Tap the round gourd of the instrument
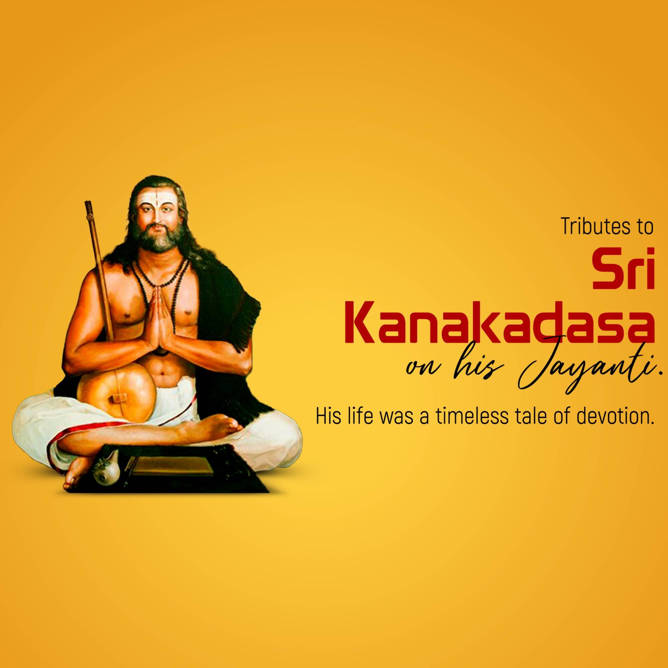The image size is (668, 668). pyautogui.click(x=116, y=396)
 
